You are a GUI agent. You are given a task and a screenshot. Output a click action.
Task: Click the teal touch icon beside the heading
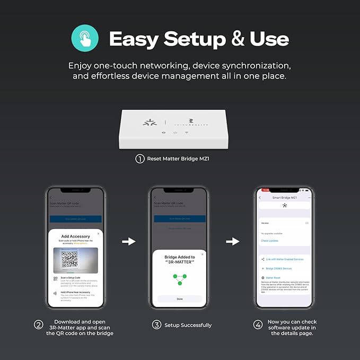tap(85, 38)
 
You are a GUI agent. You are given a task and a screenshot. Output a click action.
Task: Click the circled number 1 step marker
tap(140, 158)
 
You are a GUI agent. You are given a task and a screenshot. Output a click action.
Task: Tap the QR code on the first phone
tap(69, 259)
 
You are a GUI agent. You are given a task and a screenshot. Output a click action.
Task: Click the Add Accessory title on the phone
tap(76, 236)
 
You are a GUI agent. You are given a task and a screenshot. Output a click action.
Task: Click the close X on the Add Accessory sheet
tap(98, 233)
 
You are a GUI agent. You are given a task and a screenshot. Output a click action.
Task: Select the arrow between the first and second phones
tap(129, 241)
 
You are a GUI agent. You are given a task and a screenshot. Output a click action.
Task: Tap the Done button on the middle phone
tap(179, 299)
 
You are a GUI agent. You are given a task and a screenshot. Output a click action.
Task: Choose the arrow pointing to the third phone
tap(232, 241)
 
